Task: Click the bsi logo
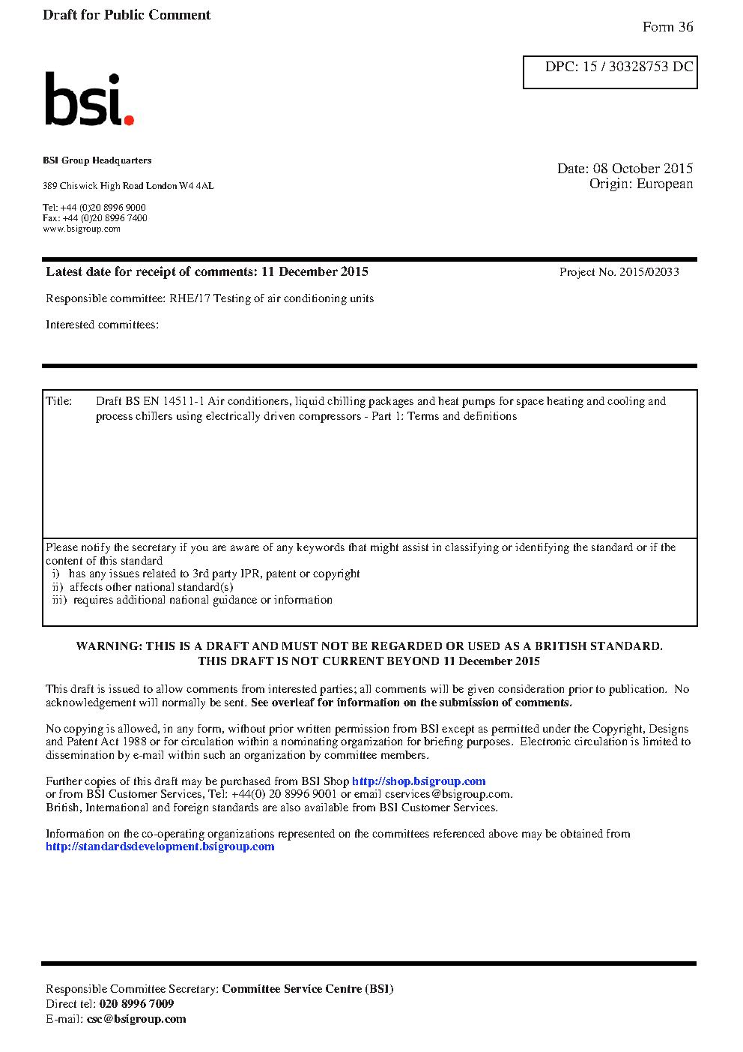(88, 99)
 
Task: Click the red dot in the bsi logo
(129, 119)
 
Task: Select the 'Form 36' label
(667, 27)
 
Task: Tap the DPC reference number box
(610, 72)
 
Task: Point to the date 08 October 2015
(643, 169)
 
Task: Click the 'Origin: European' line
(640, 184)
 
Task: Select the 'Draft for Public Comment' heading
(127, 15)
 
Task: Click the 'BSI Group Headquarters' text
(97, 160)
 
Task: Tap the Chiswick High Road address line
(128, 186)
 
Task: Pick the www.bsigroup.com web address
(82, 229)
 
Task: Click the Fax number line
(95, 218)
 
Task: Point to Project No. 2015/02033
(619, 272)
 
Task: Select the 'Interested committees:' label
(102, 325)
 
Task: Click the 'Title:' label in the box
(58, 401)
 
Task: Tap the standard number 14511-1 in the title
(184, 401)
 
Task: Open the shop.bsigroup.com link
(419, 781)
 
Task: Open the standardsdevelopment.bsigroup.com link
(160, 847)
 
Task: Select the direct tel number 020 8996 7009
(136, 1004)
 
